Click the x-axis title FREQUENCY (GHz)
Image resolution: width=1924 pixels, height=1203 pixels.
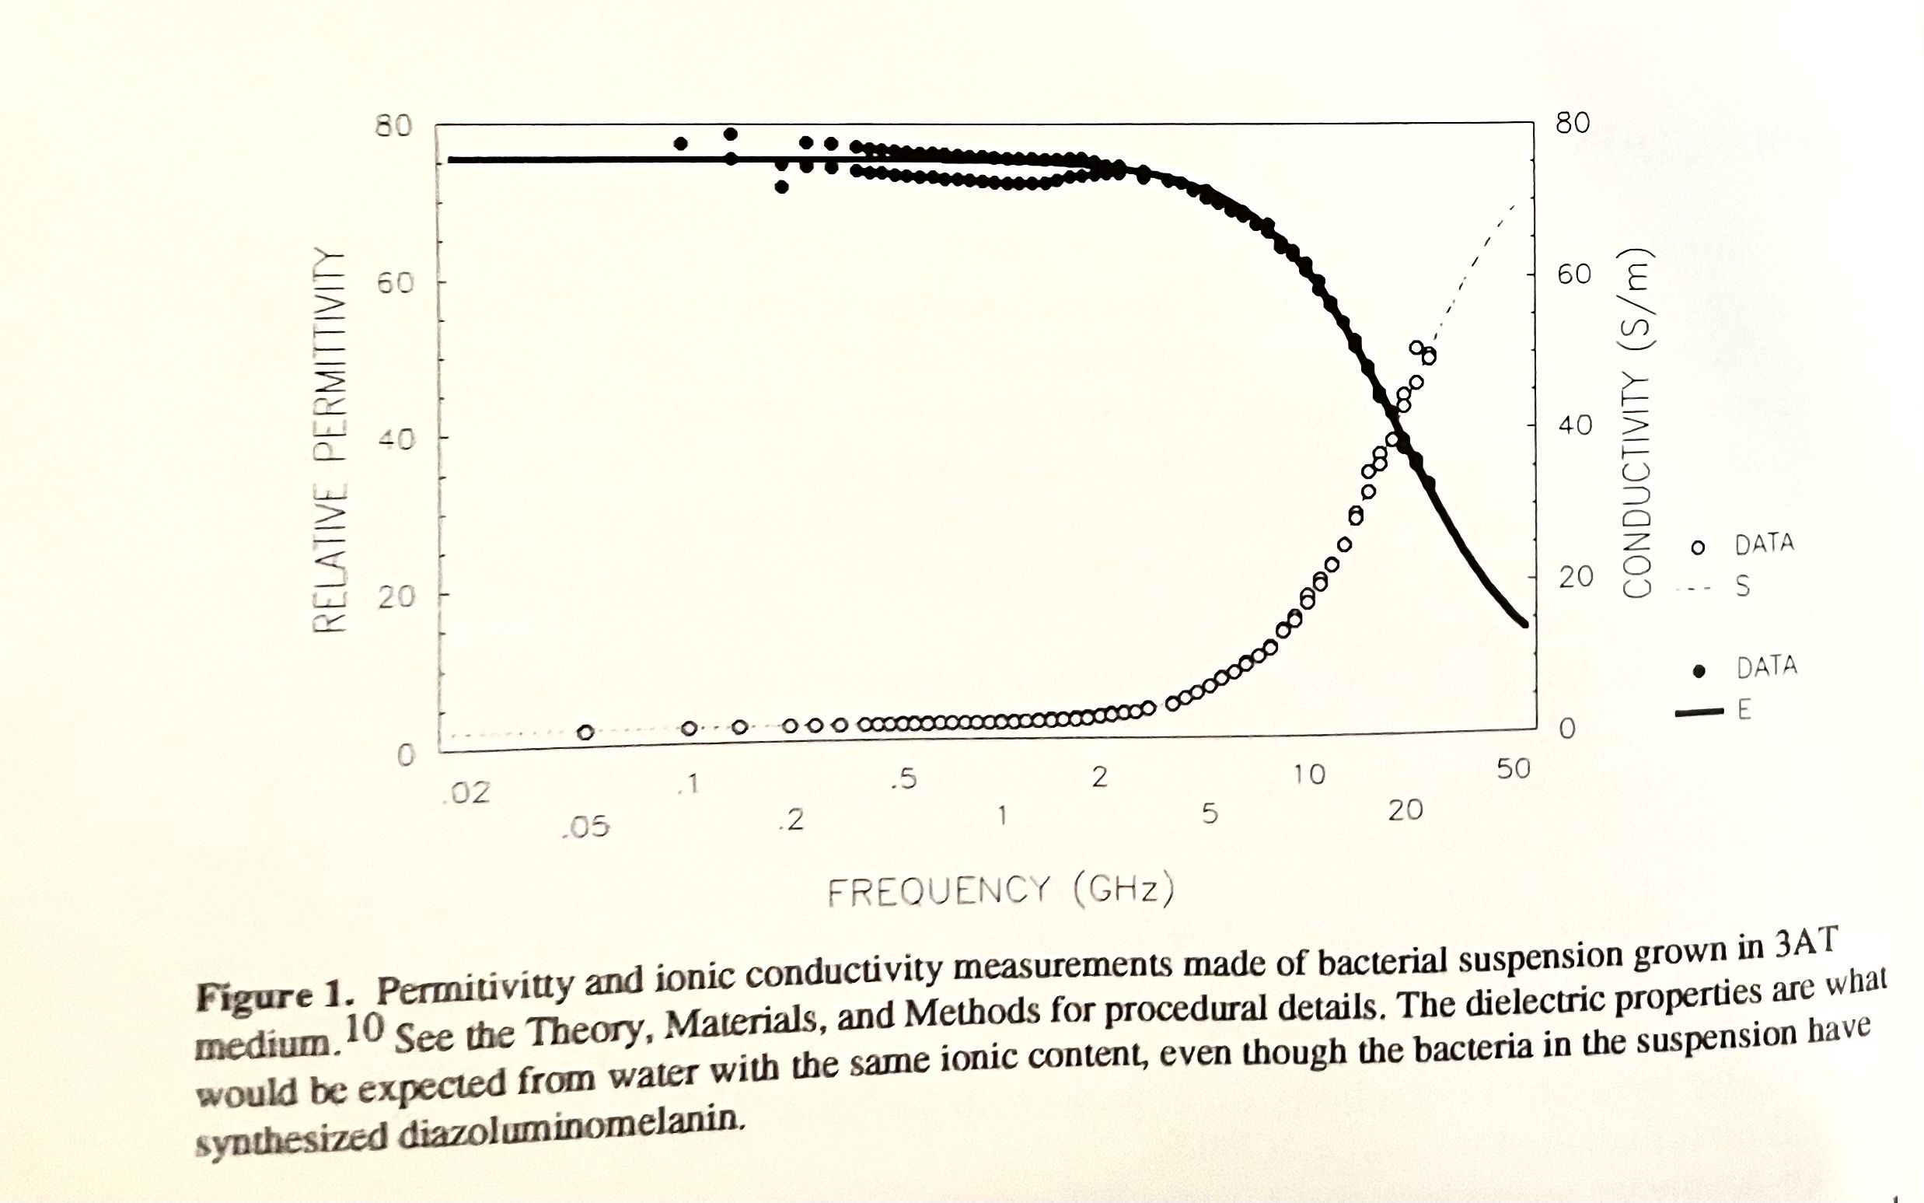[1000, 890]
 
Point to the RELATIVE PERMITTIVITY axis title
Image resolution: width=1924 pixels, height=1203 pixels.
[330, 440]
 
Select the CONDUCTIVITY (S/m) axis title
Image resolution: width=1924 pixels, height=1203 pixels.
[1637, 424]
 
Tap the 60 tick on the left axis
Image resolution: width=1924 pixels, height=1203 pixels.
[396, 283]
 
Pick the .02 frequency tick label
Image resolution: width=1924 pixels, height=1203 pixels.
[470, 792]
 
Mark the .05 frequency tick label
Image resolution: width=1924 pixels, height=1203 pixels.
[585, 827]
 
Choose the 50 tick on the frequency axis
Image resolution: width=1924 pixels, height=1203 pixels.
[1513, 769]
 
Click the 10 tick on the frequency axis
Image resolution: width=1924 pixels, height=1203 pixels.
[1308, 775]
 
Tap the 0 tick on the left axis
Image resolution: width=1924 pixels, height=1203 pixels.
[406, 755]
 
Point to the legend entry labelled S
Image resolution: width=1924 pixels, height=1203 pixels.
[1718, 587]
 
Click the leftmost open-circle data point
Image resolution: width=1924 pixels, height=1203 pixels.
[585, 732]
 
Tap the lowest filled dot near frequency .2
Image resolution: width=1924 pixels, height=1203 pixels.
[782, 187]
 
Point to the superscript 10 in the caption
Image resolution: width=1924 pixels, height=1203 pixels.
[365, 1029]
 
